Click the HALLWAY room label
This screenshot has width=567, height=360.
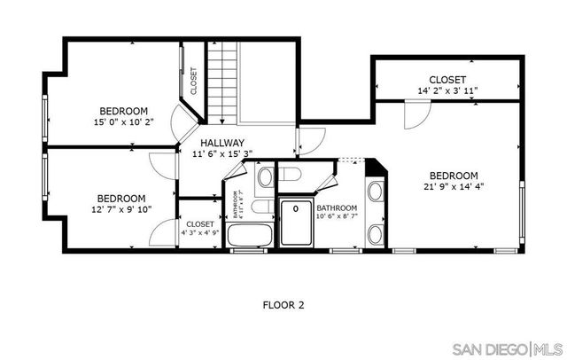coord(221,143)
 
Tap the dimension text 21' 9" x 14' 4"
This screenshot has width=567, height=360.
coord(454,186)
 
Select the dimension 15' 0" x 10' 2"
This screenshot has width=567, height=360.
coord(123,122)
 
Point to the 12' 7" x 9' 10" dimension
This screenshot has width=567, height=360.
coord(123,209)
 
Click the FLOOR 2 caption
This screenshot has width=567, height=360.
coord(283,305)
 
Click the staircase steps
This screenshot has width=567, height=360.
coord(223,84)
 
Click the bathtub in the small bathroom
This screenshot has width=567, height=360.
coord(250,237)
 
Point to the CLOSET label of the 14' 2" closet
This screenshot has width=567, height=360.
coord(448,80)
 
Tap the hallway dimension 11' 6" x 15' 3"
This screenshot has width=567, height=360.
coord(221,153)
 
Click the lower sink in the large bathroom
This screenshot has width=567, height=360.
coord(375,234)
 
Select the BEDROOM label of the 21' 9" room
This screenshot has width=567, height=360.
coord(454,176)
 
